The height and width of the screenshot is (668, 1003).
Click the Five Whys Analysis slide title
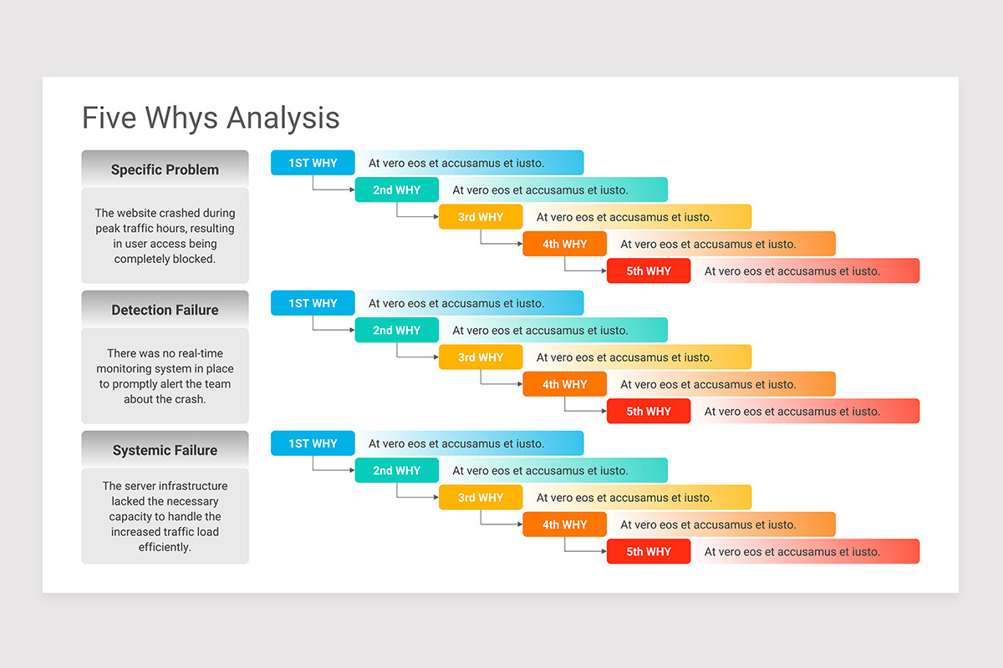211,118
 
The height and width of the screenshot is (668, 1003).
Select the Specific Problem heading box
165,170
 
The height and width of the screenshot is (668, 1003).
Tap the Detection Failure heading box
165,310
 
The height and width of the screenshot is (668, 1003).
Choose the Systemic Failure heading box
165,450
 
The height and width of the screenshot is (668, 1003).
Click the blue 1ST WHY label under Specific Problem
313,163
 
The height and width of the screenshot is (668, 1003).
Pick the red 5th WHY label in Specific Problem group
649,271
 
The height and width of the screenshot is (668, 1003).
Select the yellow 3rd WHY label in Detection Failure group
481,357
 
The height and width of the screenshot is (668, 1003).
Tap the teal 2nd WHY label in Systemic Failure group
396,470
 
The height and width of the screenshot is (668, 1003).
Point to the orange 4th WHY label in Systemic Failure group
564,524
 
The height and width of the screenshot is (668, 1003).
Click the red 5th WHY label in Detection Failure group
649,411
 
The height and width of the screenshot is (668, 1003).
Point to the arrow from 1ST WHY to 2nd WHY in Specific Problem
334,190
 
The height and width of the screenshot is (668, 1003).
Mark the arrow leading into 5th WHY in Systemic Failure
585,551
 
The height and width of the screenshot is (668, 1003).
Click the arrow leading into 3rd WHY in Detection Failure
418,357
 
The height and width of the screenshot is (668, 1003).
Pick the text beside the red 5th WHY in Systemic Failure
792,551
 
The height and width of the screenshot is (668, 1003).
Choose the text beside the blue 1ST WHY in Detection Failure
456,303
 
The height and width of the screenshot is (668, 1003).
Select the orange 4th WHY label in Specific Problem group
564,244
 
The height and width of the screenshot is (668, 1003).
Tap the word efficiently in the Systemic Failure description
165,548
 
